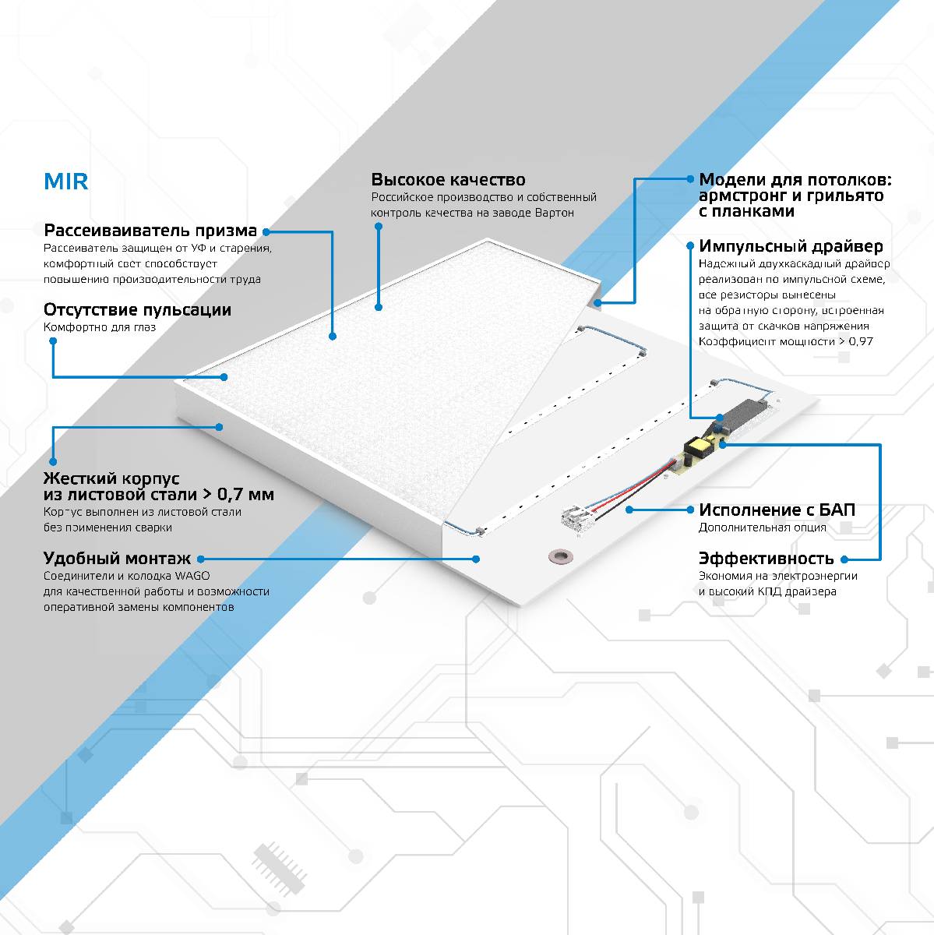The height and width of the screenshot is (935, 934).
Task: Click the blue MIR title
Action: tap(65, 182)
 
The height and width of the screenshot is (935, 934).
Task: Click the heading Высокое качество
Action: tap(448, 180)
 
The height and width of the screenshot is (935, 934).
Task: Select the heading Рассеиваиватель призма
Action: tap(150, 231)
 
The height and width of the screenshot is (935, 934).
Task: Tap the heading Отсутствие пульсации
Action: tap(137, 309)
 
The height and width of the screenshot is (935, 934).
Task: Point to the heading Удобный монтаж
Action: tap(117, 559)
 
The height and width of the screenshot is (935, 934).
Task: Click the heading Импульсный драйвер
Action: tap(791, 246)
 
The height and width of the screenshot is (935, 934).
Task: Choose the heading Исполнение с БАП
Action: tap(777, 510)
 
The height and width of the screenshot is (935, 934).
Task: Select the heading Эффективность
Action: tap(766, 559)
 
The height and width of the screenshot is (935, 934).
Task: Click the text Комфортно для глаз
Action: tap(99, 327)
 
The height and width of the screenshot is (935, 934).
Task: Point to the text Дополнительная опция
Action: tap(762, 528)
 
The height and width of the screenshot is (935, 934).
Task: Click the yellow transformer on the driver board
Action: tap(696, 447)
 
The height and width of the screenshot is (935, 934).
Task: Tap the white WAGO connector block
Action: tap(578, 518)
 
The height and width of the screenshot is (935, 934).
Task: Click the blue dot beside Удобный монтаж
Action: tap(200, 559)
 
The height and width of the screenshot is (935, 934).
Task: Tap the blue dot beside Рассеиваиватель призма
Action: tap(266, 231)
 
